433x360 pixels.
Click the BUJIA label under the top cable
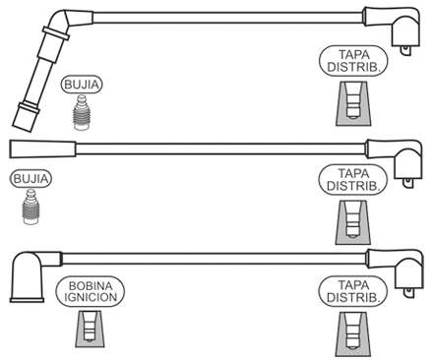(x=81, y=86)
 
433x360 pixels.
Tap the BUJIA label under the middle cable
(x=30, y=178)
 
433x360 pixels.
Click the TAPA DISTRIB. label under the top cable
(x=351, y=59)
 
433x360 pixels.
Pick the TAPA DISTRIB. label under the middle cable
(x=351, y=178)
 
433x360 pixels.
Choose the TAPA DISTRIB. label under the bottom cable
(x=351, y=289)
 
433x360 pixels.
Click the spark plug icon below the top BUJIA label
(x=82, y=114)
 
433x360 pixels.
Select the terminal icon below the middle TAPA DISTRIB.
(x=351, y=218)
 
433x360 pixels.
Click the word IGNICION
(x=93, y=296)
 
